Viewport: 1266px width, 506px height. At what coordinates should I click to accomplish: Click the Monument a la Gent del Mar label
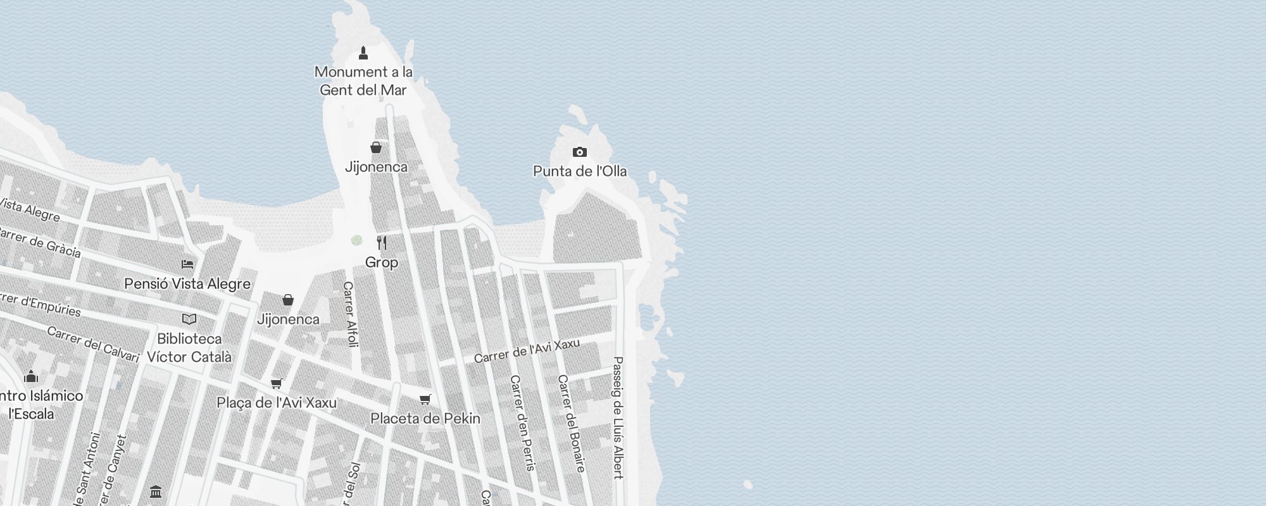click(x=363, y=81)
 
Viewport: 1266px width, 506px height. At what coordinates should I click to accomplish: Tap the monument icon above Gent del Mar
click(x=363, y=52)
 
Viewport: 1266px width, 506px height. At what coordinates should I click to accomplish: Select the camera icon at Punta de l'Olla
click(x=579, y=152)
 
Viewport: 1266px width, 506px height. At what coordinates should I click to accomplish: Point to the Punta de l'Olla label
click(x=580, y=171)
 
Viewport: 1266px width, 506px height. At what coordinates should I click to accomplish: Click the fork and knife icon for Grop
click(x=382, y=243)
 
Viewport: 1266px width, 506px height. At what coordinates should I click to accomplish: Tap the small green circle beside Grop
click(x=357, y=240)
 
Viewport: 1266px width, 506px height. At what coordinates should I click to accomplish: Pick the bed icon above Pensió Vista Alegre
click(x=187, y=264)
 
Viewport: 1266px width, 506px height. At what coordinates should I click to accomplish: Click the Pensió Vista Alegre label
click(x=187, y=283)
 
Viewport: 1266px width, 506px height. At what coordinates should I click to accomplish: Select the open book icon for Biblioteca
click(x=189, y=319)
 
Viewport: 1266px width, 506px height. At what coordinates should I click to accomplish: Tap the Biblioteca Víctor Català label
click(x=189, y=347)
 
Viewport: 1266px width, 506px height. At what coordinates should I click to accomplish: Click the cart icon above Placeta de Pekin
click(x=425, y=399)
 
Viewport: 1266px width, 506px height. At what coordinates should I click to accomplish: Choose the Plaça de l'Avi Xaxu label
click(x=277, y=402)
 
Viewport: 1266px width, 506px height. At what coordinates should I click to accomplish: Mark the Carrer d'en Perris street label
click(x=523, y=423)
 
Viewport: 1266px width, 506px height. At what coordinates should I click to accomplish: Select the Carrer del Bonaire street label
click(x=571, y=423)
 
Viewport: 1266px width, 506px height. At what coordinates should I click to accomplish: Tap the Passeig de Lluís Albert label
click(x=618, y=417)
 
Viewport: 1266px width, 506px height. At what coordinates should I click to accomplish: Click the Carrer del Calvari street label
click(x=93, y=344)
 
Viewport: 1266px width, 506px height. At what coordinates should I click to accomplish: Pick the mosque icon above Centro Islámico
click(x=31, y=377)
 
